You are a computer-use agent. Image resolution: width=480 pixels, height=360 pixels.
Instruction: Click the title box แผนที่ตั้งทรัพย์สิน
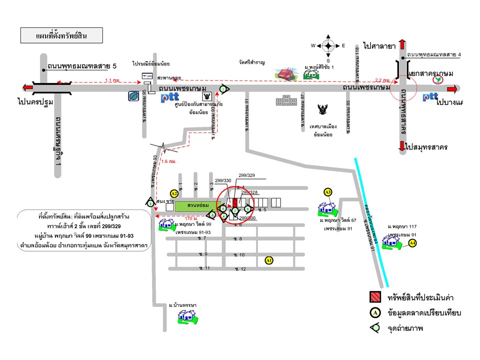click(61, 36)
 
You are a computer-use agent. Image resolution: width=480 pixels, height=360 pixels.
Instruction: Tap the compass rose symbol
click(328, 46)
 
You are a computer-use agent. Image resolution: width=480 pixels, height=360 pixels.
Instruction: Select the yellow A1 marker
click(269, 260)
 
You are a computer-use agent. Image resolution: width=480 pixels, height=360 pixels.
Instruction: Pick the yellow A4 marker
click(412, 243)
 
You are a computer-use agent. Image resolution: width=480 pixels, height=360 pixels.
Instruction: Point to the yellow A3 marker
click(328, 192)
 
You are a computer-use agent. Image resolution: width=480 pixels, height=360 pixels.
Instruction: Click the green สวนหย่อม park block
click(194, 205)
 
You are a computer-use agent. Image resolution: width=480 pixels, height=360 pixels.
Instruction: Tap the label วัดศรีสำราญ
click(251, 62)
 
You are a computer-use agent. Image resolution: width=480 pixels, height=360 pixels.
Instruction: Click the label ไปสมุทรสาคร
click(426, 147)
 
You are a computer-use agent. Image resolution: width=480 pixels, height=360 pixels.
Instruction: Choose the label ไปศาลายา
click(380, 46)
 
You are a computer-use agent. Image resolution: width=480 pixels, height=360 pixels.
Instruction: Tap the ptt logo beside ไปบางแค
click(430, 97)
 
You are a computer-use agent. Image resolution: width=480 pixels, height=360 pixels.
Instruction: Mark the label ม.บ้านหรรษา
click(182, 305)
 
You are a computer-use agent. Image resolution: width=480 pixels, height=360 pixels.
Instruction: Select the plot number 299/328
click(249, 192)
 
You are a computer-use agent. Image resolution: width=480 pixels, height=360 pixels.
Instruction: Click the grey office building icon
click(285, 100)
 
